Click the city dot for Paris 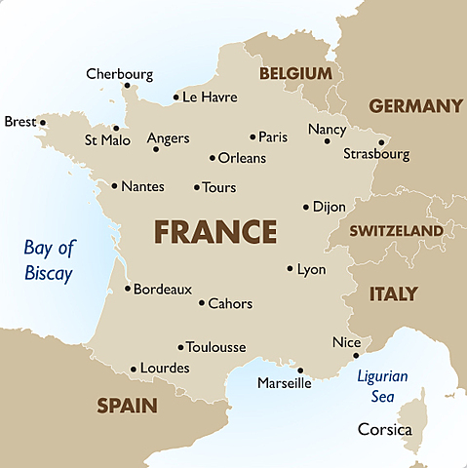tap(253, 137)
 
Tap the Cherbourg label tap(119, 74)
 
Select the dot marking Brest tap(42, 123)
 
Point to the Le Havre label tap(210, 97)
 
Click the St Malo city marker tap(116, 128)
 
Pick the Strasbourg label tap(376, 154)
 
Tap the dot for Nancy tap(328, 141)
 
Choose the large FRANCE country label tap(215, 232)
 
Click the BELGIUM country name tap(294, 74)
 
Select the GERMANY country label tap(415, 106)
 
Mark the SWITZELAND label tap(397, 231)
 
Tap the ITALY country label tap(393, 293)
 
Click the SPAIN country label tap(127, 405)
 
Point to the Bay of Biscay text tap(49, 260)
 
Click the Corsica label tap(385, 429)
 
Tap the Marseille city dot tap(300, 370)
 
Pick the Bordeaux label tap(162, 290)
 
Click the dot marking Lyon tap(291, 268)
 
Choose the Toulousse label tap(215, 347)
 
